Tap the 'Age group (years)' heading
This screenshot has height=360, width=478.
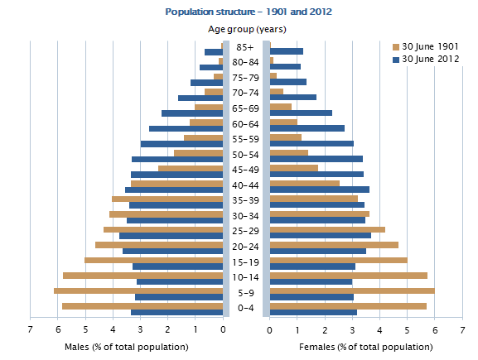coord(247,30)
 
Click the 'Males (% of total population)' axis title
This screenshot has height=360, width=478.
coord(126,346)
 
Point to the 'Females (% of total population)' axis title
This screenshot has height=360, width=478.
coord(365,346)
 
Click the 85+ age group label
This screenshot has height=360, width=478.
coord(246,48)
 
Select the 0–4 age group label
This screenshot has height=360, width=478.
coord(246,308)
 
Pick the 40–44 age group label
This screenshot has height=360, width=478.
coord(246,185)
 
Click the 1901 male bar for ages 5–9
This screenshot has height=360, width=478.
coord(138,290)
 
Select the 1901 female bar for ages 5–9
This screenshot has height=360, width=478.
coord(352,290)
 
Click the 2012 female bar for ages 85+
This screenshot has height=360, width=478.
coord(287,52)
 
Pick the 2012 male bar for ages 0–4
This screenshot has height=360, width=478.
coord(177,312)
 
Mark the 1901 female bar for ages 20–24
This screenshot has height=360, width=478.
coord(334,245)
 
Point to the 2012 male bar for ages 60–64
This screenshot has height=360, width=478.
coord(186,128)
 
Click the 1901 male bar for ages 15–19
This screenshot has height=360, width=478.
coord(154,260)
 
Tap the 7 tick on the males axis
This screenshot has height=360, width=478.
coord(31,329)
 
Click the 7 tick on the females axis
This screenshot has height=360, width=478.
coord(462,329)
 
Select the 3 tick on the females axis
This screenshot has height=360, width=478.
coord(352,329)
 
